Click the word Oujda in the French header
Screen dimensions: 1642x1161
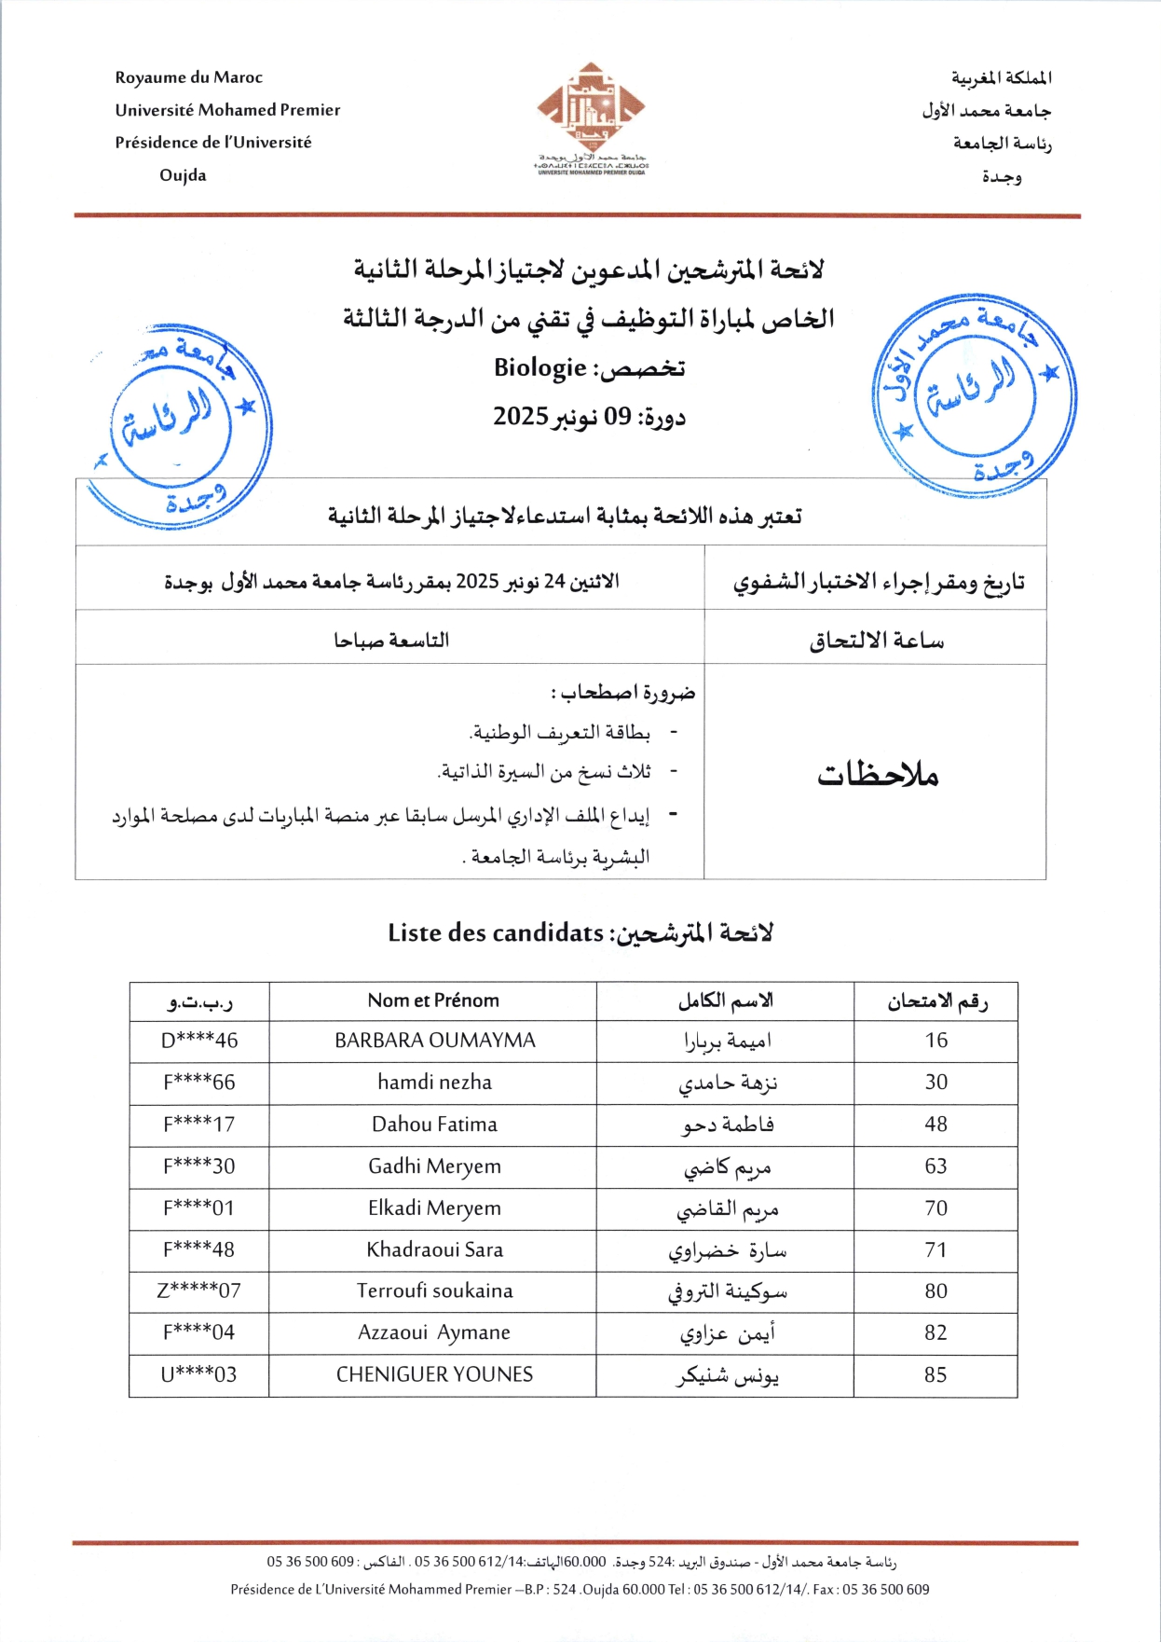pyautogui.click(x=183, y=175)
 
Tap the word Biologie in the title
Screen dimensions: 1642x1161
pyautogui.click(x=540, y=368)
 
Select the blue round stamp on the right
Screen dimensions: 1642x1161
pyautogui.click(x=974, y=395)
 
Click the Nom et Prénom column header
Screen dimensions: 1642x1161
pyautogui.click(x=433, y=1000)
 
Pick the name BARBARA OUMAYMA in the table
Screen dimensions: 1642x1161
pyautogui.click(x=435, y=1041)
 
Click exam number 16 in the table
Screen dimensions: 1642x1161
pyautogui.click(x=936, y=1041)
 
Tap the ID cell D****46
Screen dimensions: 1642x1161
pyautogui.click(x=199, y=1041)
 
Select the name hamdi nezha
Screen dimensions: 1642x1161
pyautogui.click(x=434, y=1083)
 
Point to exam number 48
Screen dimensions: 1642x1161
pyautogui.click(x=936, y=1125)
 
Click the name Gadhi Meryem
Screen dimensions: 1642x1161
pyautogui.click(x=434, y=1166)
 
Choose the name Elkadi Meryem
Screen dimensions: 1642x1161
pyautogui.click(x=434, y=1208)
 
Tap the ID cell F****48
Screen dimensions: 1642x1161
pyautogui.click(x=199, y=1249)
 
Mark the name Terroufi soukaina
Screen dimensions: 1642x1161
pyautogui.click(x=434, y=1291)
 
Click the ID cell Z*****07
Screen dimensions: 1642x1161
pyautogui.click(x=199, y=1291)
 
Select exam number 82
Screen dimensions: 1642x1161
pyautogui.click(x=936, y=1333)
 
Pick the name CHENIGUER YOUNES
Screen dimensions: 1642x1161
pyautogui.click(x=434, y=1374)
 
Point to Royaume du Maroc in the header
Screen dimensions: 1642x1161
pyautogui.click(x=189, y=77)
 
